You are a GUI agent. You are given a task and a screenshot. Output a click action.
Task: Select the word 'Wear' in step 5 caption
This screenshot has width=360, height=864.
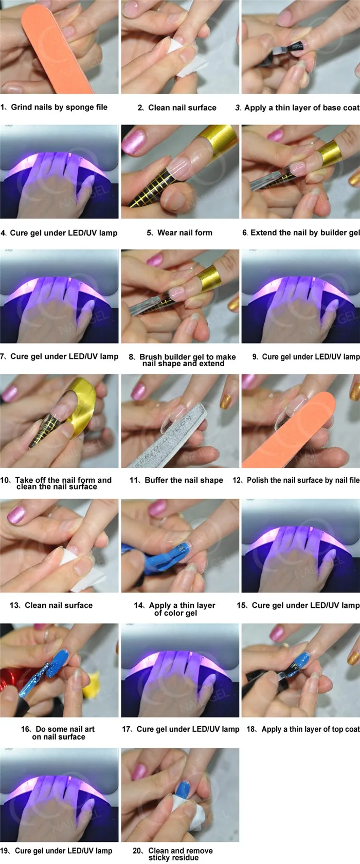(167, 232)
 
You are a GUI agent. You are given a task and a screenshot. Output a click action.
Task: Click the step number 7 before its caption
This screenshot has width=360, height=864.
(4, 356)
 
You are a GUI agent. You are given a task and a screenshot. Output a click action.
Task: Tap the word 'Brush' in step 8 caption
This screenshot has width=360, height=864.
(151, 356)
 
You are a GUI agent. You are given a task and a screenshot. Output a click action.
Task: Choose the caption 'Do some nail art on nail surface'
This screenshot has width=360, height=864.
(59, 733)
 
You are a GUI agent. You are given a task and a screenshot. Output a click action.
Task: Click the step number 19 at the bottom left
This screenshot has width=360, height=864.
(5, 851)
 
